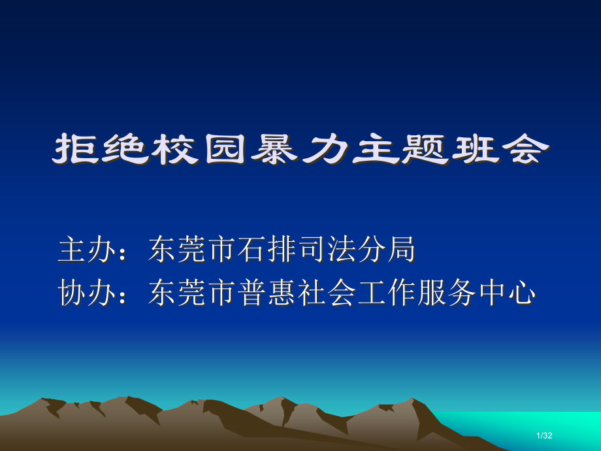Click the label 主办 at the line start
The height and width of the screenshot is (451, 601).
coord(82,250)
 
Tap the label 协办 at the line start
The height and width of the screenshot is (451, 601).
coord(82,293)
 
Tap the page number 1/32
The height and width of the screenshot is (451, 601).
coord(544,436)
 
